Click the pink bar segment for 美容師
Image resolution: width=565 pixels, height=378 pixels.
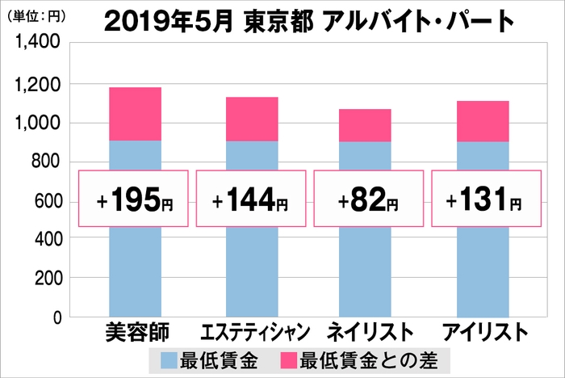tap(135, 114)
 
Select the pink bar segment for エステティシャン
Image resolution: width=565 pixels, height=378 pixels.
tap(251, 119)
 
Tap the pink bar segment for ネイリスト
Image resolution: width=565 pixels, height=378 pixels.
tap(365, 125)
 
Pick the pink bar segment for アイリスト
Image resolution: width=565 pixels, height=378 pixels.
tap(482, 121)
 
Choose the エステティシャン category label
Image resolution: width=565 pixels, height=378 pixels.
tap(251, 332)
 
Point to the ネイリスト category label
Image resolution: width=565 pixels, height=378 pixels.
tap(366, 332)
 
